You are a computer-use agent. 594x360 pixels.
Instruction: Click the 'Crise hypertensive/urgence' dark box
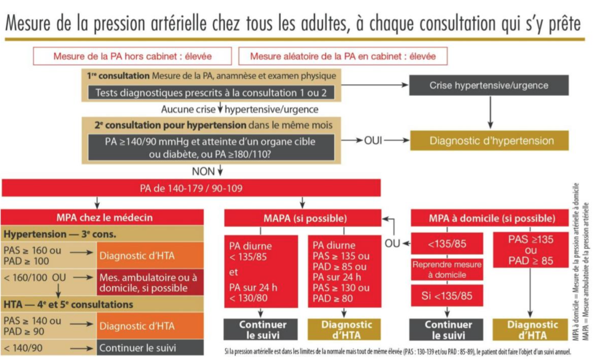point(488,85)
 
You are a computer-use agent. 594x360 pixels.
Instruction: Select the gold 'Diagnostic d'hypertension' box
point(488,141)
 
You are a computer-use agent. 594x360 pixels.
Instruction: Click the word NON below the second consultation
point(203,170)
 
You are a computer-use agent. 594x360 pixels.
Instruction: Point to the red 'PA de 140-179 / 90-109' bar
point(191,188)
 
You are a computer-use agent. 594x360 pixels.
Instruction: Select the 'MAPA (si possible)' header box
point(302,219)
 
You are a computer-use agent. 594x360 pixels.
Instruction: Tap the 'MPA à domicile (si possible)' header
point(492,219)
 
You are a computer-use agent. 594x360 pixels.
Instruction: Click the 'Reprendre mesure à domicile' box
point(447,270)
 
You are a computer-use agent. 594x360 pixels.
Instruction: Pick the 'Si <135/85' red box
point(447,296)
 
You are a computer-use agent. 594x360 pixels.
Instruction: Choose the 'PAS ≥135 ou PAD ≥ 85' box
point(531,250)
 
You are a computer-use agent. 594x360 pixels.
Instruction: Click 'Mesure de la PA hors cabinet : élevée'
point(132,57)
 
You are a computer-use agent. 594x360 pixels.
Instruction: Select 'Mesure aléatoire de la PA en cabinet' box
point(342,57)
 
